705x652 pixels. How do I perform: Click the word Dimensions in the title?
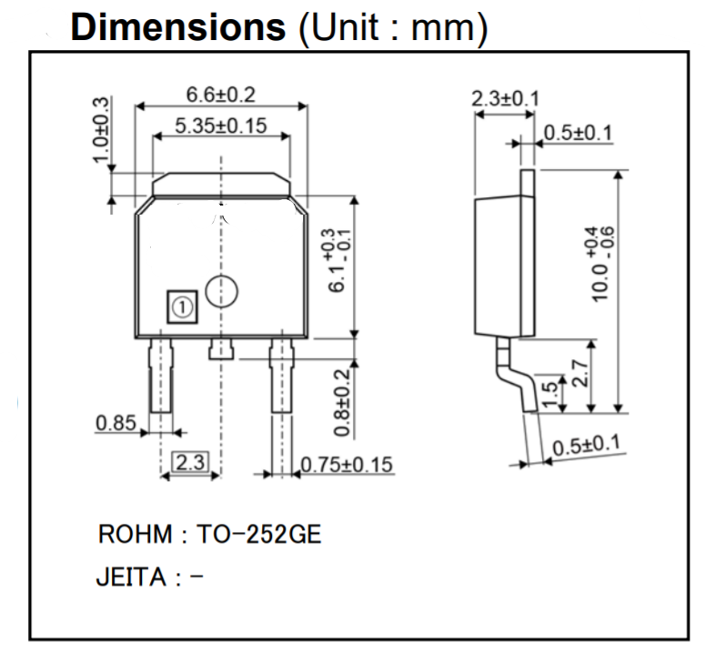(178, 27)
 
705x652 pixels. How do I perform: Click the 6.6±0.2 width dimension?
(221, 95)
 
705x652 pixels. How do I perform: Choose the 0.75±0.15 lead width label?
(347, 465)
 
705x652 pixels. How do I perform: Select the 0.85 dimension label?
(116, 422)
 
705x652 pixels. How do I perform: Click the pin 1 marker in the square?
(182, 307)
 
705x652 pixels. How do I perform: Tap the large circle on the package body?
(221, 292)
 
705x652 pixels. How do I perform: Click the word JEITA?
(130, 578)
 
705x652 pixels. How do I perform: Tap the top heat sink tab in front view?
(221, 185)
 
